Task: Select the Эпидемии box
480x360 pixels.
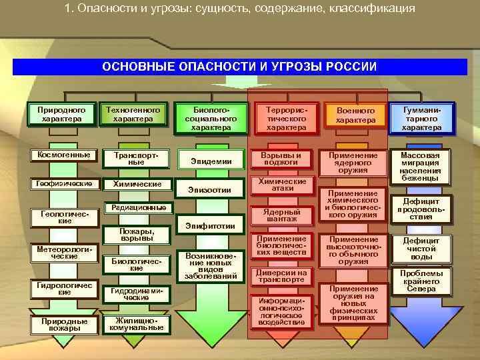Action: point(211,161)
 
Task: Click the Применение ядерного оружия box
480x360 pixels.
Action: point(353,162)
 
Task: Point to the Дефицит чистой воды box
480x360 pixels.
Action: point(421,249)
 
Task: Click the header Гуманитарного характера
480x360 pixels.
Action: point(421,117)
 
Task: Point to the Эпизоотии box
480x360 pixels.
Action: point(211,190)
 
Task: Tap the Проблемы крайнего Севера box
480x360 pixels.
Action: point(421,281)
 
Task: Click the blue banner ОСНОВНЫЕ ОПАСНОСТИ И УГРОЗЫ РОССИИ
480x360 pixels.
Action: point(239,67)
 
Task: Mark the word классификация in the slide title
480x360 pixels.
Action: point(373,9)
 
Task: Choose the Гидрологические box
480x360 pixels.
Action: point(61,289)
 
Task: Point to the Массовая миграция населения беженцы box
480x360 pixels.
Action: point(421,165)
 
